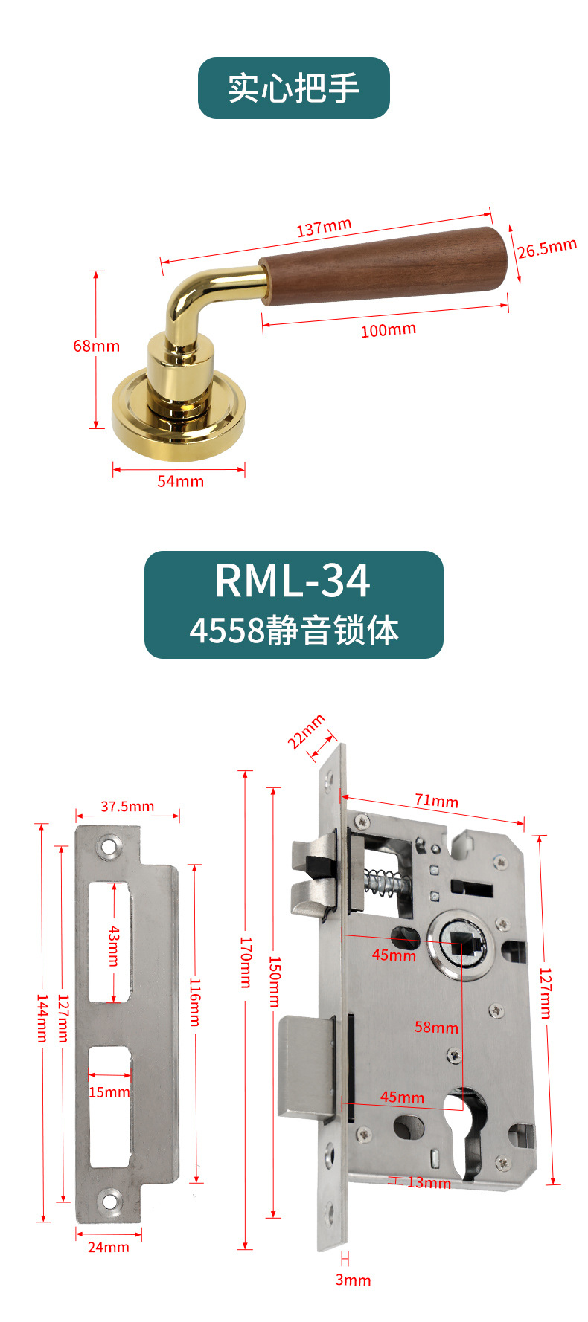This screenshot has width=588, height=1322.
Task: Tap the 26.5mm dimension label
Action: click(x=547, y=248)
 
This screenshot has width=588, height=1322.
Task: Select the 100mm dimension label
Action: click(x=389, y=329)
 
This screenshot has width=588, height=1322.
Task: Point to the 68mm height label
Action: click(x=96, y=346)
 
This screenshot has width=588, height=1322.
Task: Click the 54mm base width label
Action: click(x=180, y=481)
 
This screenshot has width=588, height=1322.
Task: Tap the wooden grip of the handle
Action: click(x=384, y=265)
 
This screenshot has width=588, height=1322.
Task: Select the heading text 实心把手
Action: click(x=294, y=88)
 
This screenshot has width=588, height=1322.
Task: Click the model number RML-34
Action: click(x=293, y=581)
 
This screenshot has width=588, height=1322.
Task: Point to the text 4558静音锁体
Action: click(x=294, y=630)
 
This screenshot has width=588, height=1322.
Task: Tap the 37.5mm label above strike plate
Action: click(x=127, y=806)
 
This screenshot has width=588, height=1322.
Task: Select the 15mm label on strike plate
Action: click(x=109, y=1092)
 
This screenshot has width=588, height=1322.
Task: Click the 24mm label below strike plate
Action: click(x=109, y=1247)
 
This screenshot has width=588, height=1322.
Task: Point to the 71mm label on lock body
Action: click(x=436, y=801)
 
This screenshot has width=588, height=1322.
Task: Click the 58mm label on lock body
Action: click(x=436, y=1028)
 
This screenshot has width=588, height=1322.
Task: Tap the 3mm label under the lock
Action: click(x=353, y=1280)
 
